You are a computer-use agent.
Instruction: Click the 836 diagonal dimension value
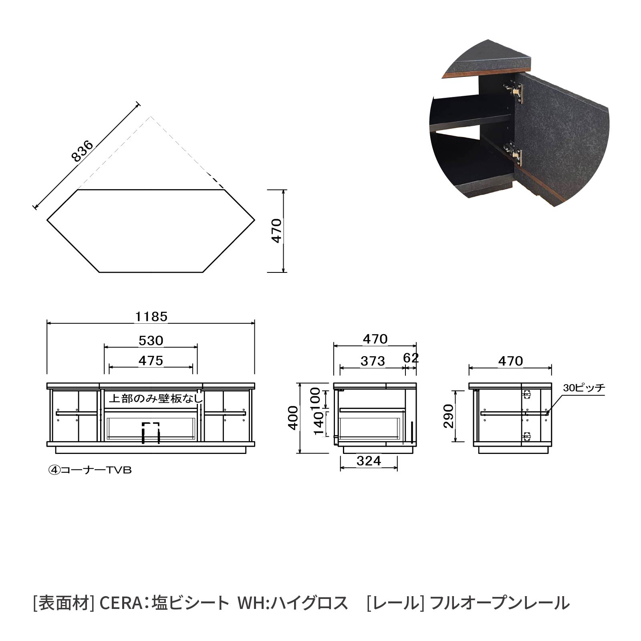(x=82, y=151)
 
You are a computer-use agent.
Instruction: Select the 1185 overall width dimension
(x=151, y=317)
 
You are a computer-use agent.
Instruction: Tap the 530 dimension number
(x=151, y=341)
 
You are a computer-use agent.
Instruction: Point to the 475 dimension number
(x=151, y=361)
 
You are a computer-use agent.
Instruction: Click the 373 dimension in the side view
(x=373, y=361)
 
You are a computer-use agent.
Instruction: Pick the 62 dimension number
(x=411, y=358)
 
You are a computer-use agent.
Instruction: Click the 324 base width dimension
(x=369, y=461)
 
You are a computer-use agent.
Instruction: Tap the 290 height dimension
(x=448, y=417)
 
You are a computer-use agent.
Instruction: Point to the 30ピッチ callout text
(x=584, y=387)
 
